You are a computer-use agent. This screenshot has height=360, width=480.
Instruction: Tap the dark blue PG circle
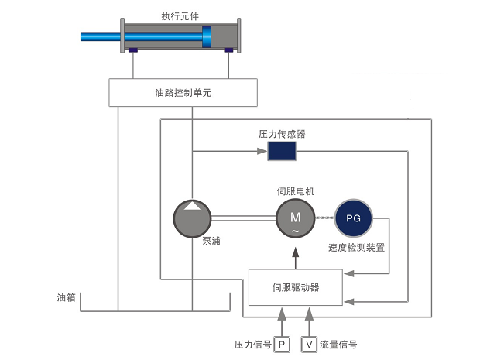click(x=353, y=218)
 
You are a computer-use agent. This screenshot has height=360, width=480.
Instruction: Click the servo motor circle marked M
click(x=295, y=218)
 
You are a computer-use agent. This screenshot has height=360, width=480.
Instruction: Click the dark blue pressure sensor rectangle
click(x=282, y=151)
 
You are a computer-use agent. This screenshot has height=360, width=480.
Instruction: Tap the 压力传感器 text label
click(x=282, y=134)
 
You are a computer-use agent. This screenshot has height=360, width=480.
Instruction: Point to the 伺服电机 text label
click(x=295, y=190)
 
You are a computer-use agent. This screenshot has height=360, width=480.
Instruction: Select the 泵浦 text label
click(x=211, y=241)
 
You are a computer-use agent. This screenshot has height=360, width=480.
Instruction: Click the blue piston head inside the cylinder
click(x=207, y=36)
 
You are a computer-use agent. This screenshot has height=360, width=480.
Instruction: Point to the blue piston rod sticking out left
click(x=101, y=36)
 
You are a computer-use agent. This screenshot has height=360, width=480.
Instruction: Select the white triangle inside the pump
click(x=191, y=205)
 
